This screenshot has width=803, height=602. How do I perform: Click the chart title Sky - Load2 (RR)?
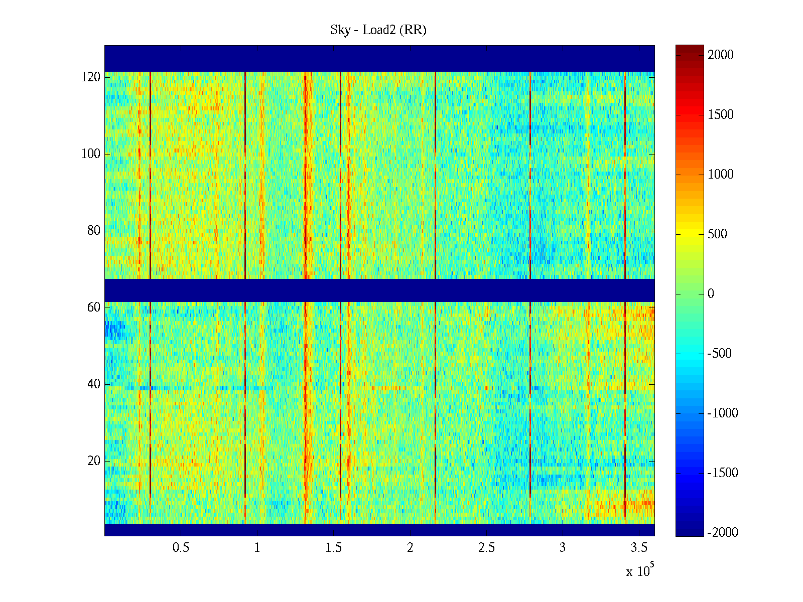pyautogui.click(x=378, y=30)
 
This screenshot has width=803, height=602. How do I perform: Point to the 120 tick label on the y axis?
pyautogui.click(x=91, y=77)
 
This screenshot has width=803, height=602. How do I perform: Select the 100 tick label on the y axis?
pyautogui.click(x=91, y=154)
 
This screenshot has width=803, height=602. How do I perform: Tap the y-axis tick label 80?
pyautogui.click(x=94, y=231)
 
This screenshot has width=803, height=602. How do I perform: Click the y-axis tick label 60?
pyautogui.click(x=94, y=308)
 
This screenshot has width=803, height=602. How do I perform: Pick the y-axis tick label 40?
pyautogui.click(x=94, y=384)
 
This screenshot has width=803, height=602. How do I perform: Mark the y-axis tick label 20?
pyautogui.click(x=94, y=461)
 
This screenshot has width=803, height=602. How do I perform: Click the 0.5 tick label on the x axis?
pyautogui.click(x=181, y=548)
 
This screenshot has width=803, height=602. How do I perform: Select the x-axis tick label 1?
pyautogui.click(x=257, y=548)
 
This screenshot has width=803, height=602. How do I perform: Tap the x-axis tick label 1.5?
pyautogui.click(x=334, y=548)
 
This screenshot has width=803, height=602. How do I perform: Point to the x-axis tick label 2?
pyautogui.click(x=410, y=548)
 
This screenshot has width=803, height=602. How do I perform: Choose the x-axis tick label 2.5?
pyautogui.click(x=486, y=548)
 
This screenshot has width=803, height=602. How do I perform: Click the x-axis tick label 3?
pyautogui.click(x=563, y=548)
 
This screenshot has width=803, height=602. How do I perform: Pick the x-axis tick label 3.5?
pyautogui.click(x=639, y=548)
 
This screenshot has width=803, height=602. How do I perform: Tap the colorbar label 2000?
pyautogui.click(x=721, y=55)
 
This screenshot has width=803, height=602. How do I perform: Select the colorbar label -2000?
pyautogui.click(x=723, y=533)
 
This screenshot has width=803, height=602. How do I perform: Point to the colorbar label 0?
pyautogui.click(x=711, y=294)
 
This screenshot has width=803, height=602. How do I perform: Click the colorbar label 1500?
pyautogui.click(x=721, y=115)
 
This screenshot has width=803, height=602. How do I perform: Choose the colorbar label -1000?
pyautogui.click(x=723, y=413)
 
